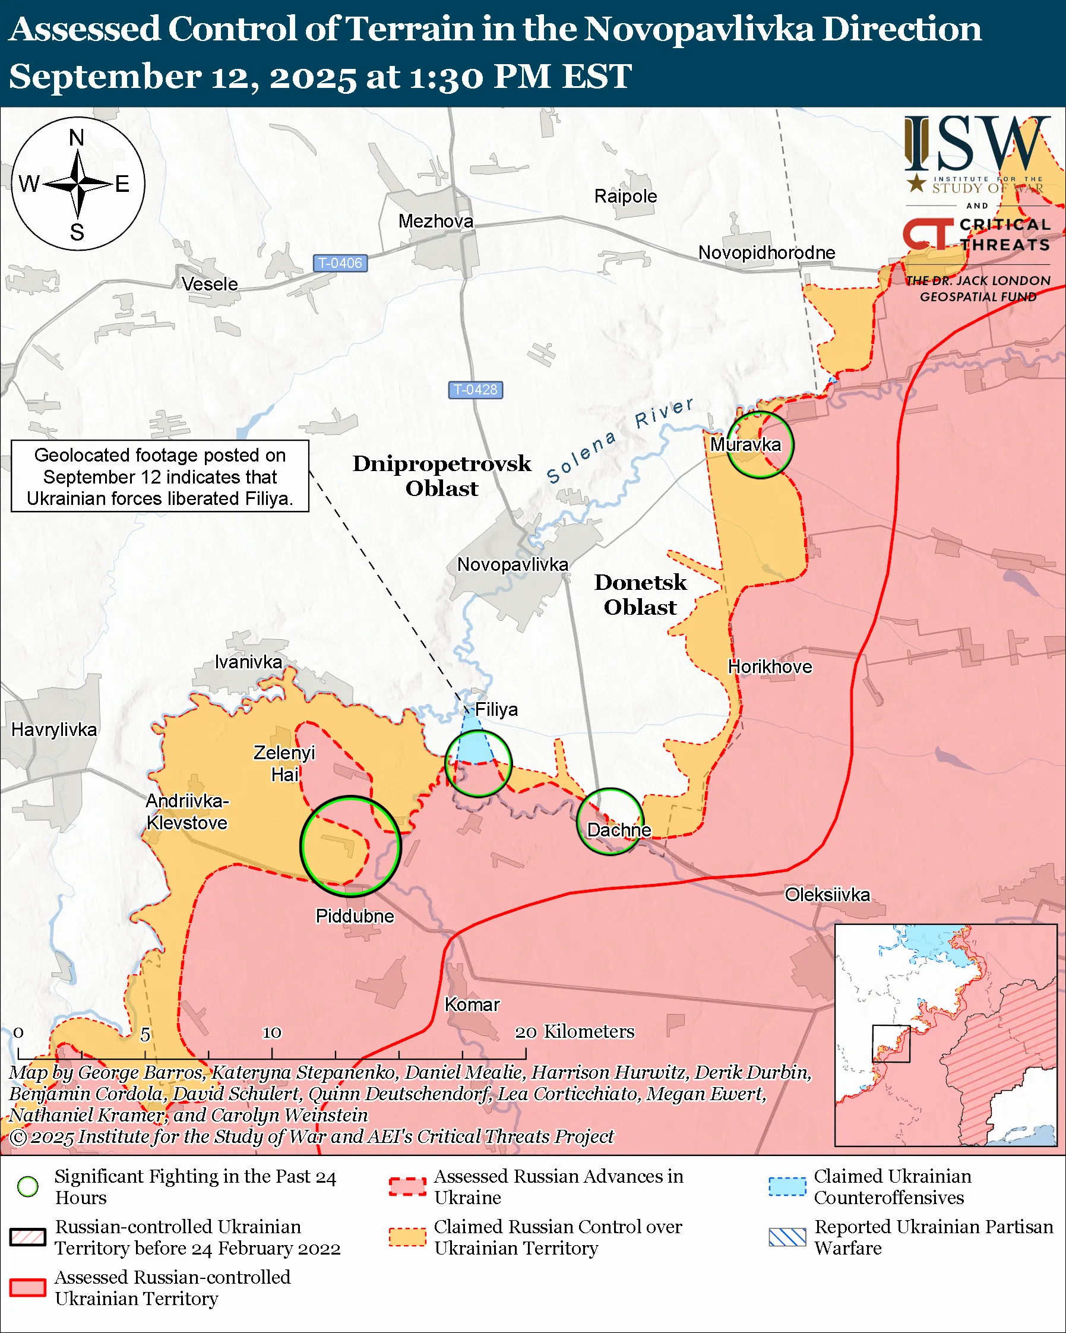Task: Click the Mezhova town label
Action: (x=436, y=222)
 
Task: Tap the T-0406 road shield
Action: (x=340, y=263)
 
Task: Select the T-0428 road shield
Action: (x=475, y=390)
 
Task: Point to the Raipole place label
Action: (x=625, y=197)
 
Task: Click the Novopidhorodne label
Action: (x=766, y=253)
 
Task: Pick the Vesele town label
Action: (x=210, y=285)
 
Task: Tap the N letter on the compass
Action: (x=77, y=138)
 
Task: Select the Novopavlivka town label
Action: (x=513, y=564)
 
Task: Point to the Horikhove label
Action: (x=770, y=666)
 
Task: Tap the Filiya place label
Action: (x=496, y=710)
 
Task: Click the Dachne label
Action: (x=619, y=830)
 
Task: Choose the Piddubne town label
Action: (x=355, y=915)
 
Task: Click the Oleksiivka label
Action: (x=827, y=895)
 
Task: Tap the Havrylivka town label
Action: (x=55, y=729)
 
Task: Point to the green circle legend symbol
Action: (x=28, y=1186)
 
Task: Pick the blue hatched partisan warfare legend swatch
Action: (x=787, y=1237)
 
